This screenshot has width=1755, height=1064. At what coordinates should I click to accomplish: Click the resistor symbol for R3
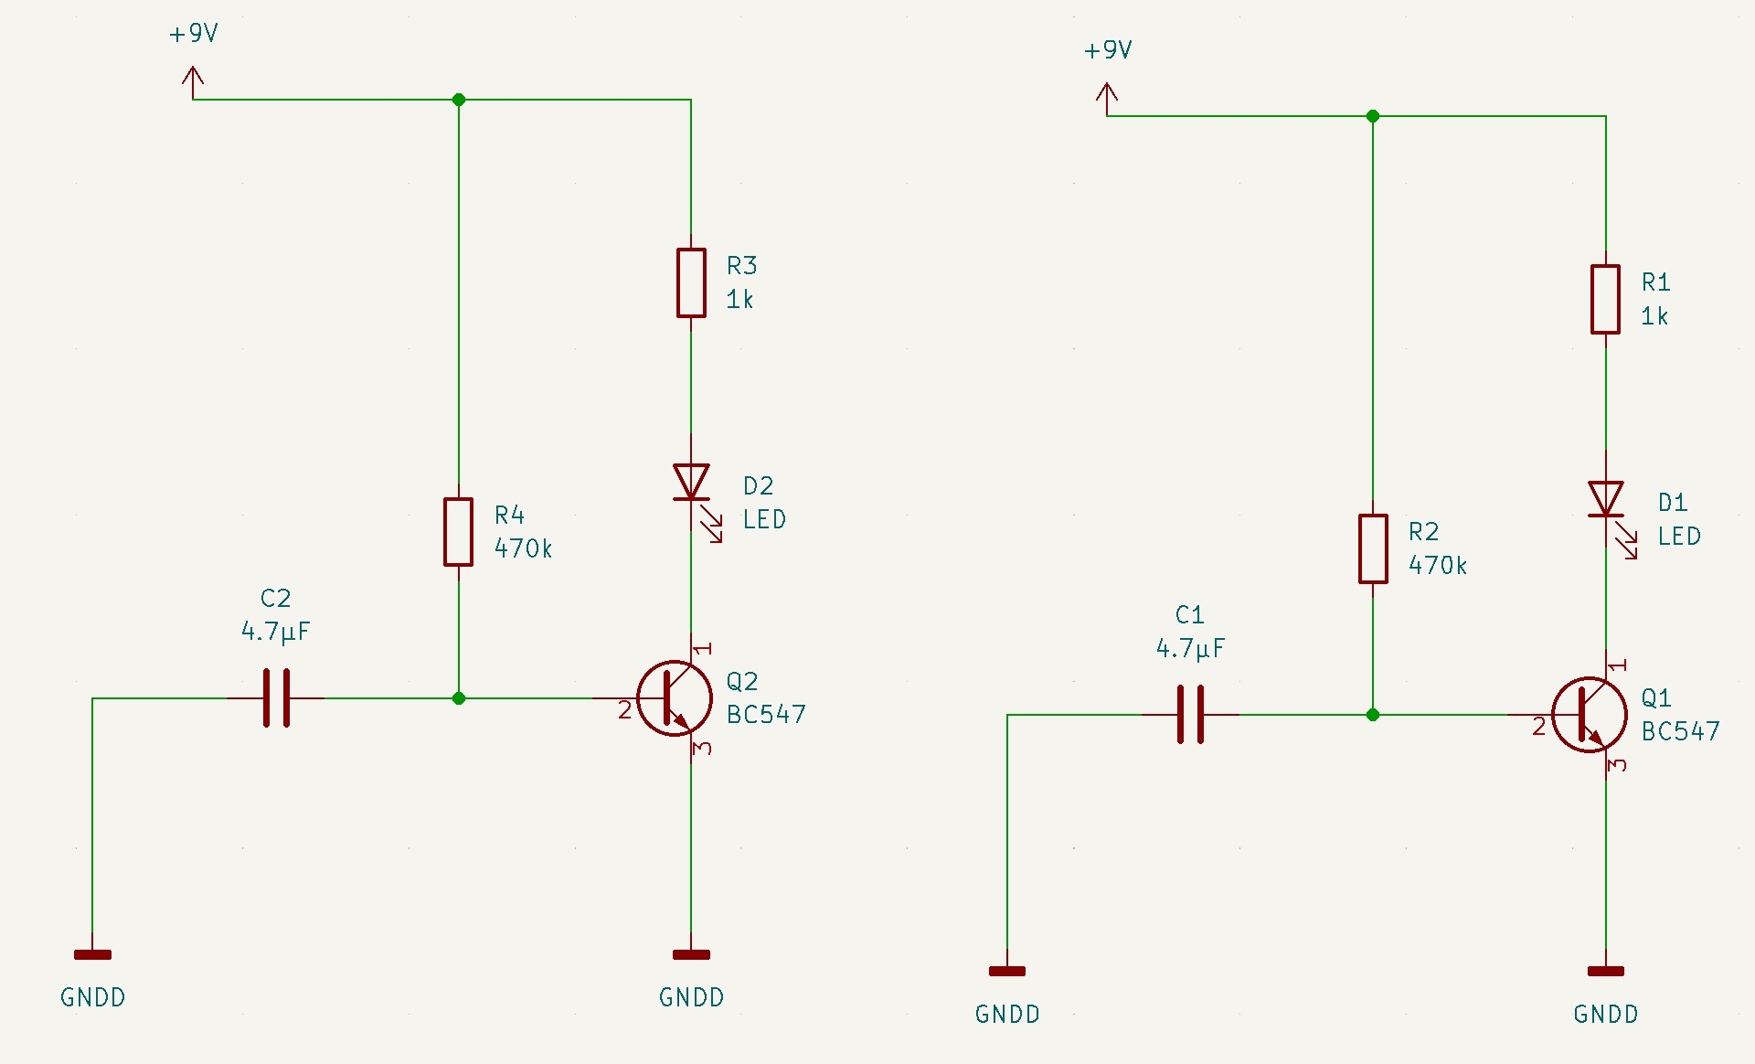(691, 283)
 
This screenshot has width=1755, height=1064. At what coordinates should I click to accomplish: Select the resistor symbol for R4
(459, 532)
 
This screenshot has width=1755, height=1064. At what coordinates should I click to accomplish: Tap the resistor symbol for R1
(1606, 300)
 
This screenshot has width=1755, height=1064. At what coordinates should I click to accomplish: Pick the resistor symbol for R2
(1373, 548)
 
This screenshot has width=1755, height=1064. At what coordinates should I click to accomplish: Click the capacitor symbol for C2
(276, 698)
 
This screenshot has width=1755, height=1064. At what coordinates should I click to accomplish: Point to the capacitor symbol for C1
(1190, 715)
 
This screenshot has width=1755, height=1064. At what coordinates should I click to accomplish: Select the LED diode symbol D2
(692, 484)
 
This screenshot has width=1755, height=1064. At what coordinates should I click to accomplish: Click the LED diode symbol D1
(1606, 500)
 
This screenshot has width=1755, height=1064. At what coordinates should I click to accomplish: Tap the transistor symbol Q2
(675, 698)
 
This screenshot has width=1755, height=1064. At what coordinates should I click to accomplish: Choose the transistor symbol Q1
(1589, 715)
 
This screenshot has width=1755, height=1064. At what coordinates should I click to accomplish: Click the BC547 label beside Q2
(766, 715)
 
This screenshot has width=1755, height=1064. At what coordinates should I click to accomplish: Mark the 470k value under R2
(1438, 566)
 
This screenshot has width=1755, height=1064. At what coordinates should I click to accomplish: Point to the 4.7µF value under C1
(1190, 649)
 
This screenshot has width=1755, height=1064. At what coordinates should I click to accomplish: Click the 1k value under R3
(739, 300)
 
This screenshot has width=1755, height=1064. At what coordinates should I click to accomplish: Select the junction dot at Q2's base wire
(459, 698)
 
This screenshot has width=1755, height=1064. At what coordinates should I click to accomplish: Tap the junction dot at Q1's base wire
(1373, 715)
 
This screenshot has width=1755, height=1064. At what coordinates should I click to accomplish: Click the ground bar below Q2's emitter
(691, 955)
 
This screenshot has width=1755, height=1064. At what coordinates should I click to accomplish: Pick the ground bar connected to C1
(1007, 972)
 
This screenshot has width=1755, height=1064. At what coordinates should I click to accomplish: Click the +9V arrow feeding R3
(193, 80)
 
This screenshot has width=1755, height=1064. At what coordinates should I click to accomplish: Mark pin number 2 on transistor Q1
(1539, 727)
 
